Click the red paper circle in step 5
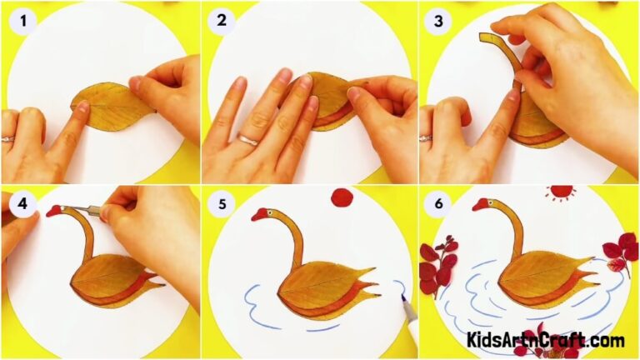coord(342,197)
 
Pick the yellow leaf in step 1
coord(112,106)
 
